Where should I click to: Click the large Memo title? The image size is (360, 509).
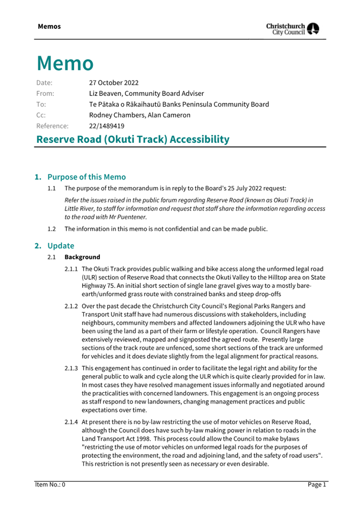65,63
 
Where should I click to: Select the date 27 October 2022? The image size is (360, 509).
114,83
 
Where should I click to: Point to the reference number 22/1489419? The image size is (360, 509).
107,126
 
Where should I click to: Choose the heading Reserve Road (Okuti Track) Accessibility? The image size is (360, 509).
133,140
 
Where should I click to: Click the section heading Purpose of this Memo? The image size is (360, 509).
86,177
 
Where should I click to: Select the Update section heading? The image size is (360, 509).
60,246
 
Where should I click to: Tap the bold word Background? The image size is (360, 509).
82,257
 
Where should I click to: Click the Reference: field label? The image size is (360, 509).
52,126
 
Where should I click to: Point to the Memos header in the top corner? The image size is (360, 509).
49,26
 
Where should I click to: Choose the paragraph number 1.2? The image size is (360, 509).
52,229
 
